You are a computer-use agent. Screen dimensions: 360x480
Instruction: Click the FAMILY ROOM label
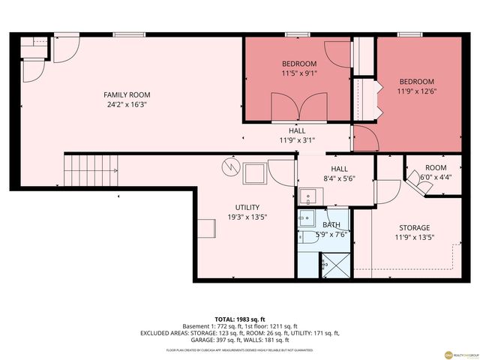(x=127, y=94)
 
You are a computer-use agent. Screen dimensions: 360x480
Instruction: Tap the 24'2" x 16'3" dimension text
(x=127, y=105)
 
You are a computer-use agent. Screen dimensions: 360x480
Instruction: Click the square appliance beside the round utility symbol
(x=253, y=173)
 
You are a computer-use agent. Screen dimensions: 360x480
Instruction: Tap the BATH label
(x=331, y=224)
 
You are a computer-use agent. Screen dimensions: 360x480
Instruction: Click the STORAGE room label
(x=414, y=227)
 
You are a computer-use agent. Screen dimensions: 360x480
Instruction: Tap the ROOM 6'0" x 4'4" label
(x=435, y=172)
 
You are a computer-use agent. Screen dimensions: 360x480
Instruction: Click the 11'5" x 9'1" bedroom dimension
(x=298, y=73)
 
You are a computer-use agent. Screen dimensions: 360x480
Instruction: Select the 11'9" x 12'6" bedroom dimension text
(x=416, y=91)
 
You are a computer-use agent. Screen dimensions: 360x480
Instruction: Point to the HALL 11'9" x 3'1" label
(x=297, y=134)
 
